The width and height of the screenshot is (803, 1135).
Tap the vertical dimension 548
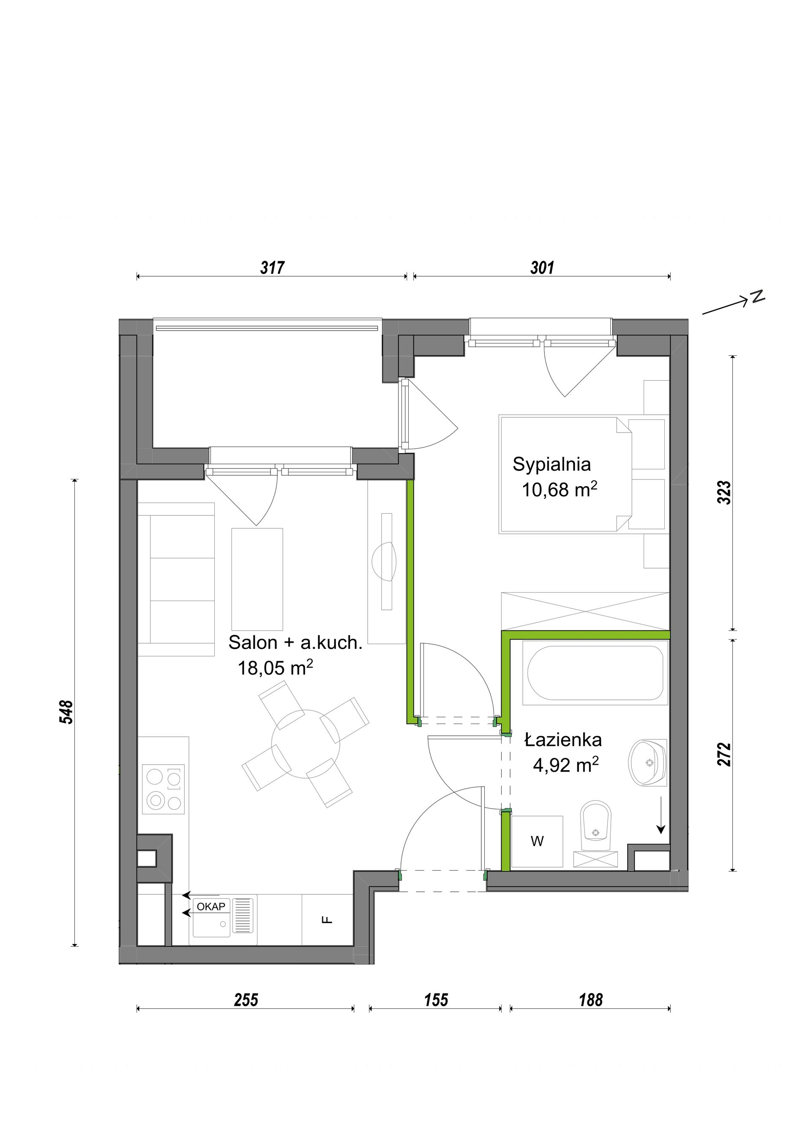click(x=66, y=712)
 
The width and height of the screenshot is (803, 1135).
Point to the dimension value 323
click(x=724, y=493)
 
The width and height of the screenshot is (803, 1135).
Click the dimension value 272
click(x=724, y=754)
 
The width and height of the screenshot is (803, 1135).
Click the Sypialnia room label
click(x=552, y=465)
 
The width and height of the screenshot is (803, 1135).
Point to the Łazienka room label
click(x=563, y=740)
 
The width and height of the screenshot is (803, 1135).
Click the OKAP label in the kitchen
click(x=211, y=906)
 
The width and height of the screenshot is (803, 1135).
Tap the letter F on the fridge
click(x=327, y=920)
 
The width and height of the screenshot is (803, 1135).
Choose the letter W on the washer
click(x=537, y=841)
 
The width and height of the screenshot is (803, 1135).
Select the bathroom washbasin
click(x=647, y=763)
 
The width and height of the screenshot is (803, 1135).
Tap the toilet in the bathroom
click(x=596, y=822)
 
